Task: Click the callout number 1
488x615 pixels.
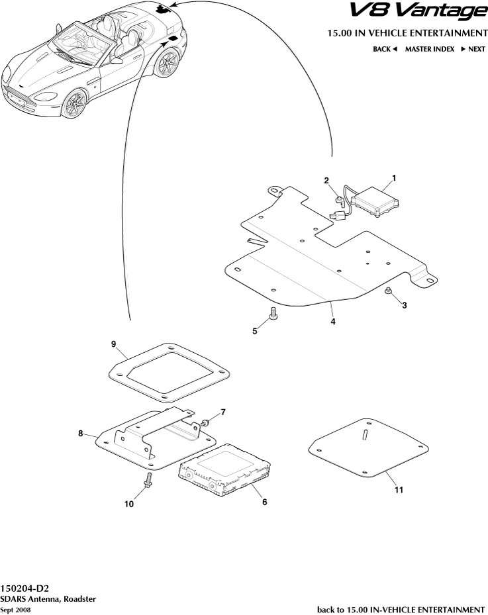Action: coord(394,177)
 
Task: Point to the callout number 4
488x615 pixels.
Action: coord(332,322)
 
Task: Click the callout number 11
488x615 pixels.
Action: coord(398,491)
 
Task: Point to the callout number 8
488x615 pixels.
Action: coord(81,434)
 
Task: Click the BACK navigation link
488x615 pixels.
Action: coord(385,49)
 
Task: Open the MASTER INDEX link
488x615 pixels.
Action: coord(429,49)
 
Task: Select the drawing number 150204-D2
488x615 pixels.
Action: coord(24,588)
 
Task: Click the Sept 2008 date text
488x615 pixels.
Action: coord(15,610)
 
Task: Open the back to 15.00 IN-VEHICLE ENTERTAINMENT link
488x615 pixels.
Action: coord(401,609)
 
